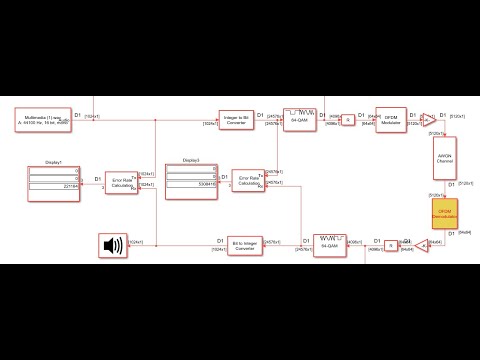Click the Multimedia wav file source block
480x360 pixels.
coord(43,121)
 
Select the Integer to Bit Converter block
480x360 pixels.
coord(237,119)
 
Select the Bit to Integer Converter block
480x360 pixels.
coord(237,244)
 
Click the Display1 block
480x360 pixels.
coord(54,180)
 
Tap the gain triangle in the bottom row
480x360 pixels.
coord(422,243)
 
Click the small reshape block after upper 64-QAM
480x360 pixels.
coord(348,119)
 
